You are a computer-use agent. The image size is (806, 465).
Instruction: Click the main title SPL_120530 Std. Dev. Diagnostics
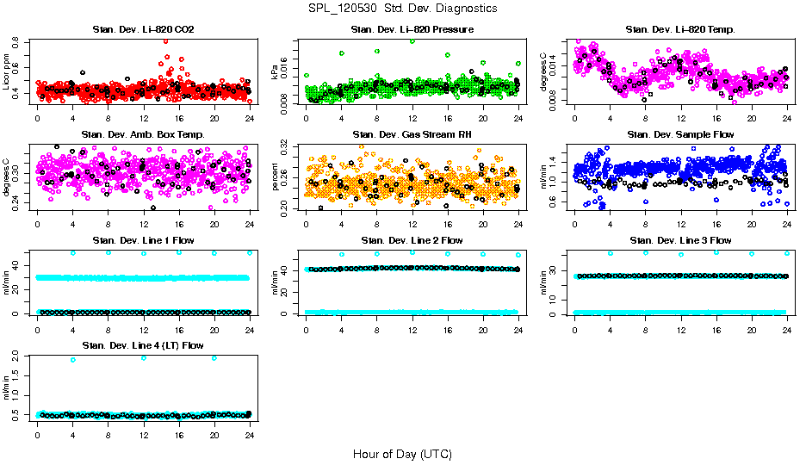[402, 9]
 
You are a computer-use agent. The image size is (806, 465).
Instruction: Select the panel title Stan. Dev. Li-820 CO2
[143, 30]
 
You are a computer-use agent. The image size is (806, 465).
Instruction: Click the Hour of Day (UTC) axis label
[402, 453]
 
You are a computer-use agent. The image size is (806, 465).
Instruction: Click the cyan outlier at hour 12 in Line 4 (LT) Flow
[144, 357]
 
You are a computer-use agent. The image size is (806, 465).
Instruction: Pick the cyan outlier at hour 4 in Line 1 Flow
[73, 252]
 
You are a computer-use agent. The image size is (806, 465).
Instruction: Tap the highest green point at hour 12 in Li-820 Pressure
[412, 40]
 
